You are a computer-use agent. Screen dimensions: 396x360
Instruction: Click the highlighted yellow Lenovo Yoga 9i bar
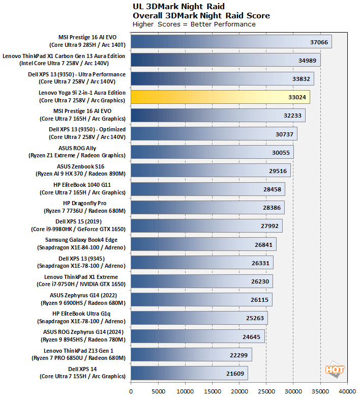pos(220,97)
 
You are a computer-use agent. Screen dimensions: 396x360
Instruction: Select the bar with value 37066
pos(231,41)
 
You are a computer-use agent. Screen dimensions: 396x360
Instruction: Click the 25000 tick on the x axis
pos(265,391)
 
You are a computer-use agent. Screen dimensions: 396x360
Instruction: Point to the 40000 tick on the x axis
pos(347,391)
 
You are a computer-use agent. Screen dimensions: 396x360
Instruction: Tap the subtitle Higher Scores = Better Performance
pos(194,24)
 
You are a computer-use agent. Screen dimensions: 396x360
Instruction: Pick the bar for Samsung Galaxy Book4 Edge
pos(203,244)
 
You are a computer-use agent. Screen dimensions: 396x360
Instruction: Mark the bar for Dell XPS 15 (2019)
pos(206,225)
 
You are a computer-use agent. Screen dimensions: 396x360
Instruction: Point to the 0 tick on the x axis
pos(131,391)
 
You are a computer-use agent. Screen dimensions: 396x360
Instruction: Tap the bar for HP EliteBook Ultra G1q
pos(199,318)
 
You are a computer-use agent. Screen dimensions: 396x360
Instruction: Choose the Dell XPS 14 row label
pos(82,373)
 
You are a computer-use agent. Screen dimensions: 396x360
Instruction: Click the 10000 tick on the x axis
pos(185,391)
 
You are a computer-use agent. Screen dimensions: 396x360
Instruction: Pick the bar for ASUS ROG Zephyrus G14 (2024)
pos(197,336)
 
